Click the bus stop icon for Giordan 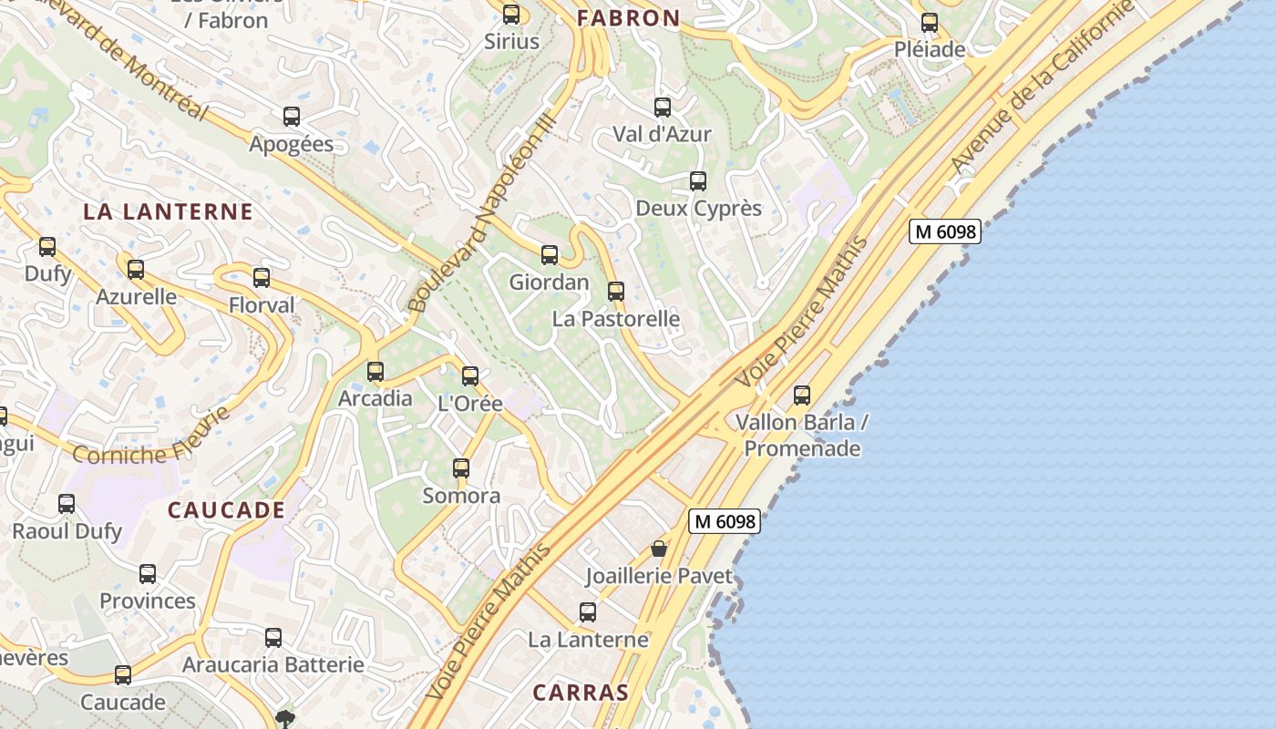tap(549, 255)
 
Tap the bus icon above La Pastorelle tap(616, 292)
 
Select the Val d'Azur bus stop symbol tap(663, 108)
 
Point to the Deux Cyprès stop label tap(698, 208)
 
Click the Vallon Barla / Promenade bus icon tap(802, 395)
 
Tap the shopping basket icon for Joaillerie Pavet tap(659, 549)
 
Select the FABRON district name tap(629, 17)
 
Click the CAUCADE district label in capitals tap(227, 509)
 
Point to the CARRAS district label tap(581, 692)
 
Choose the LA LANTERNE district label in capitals tap(168, 211)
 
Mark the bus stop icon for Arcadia tap(376, 372)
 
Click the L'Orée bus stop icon tap(470, 376)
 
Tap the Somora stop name tap(461, 496)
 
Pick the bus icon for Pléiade tap(930, 23)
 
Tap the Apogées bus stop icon tap(292, 117)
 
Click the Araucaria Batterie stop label tap(273, 664)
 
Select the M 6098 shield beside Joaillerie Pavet tap(724, 521)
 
